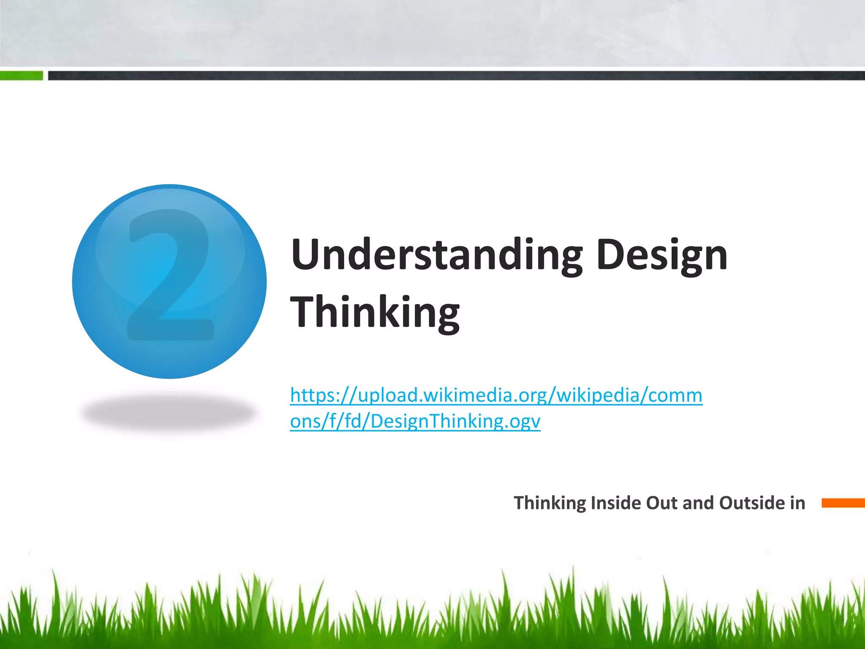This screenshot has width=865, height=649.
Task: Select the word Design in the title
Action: pos(662,255)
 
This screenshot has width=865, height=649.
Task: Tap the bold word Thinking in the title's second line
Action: pos(375,313)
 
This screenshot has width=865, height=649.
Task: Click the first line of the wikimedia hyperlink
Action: pos(496,395)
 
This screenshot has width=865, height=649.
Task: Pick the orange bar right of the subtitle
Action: pos(843,503)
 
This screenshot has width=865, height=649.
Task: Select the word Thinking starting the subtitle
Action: pos(550,503)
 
